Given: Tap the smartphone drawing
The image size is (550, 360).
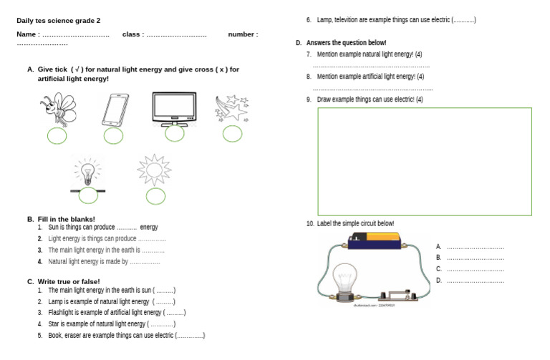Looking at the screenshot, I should click(115, 110).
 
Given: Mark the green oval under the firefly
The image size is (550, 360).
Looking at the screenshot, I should click(57, 135).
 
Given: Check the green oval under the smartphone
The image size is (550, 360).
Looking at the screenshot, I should click(113, 135).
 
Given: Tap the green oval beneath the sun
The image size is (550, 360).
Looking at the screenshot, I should click(155, 195).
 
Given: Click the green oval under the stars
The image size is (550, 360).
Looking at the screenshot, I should click(231, 133).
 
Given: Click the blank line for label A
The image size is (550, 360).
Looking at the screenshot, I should click(475, 247).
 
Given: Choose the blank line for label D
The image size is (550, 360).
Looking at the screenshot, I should click(475, 281).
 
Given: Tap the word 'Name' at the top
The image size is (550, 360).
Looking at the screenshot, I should click(26, 34).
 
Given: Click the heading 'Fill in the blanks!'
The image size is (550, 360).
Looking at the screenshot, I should click(66, 219).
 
